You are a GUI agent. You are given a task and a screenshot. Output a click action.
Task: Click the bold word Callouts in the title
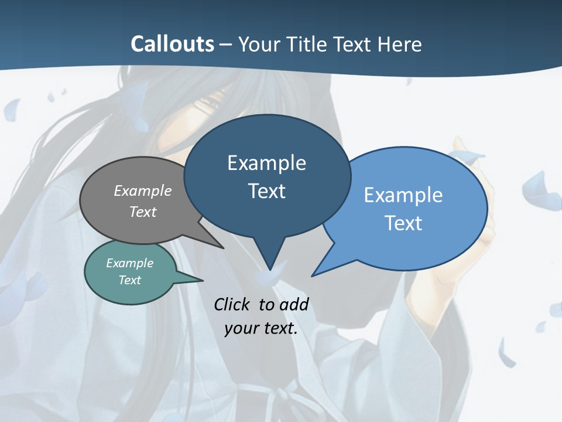tap(172, 44)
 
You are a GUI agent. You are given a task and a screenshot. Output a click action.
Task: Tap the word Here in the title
tap(400, 44)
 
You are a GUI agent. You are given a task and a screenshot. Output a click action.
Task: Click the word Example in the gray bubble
tap(142, 190)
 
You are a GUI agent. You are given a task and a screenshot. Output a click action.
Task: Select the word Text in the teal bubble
tap(129, 280)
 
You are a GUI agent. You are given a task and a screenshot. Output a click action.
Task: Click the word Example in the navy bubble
tap(266, 163)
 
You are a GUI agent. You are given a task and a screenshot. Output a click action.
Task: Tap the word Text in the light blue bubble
tap(403, 223)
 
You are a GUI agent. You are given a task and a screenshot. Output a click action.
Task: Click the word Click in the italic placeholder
tap(232, 304)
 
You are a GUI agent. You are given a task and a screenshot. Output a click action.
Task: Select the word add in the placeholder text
tap(294, 304)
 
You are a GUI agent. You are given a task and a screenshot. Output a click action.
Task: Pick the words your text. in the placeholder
tap(261, 328)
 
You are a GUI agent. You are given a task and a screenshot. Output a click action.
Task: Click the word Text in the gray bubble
tap(142, 212)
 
